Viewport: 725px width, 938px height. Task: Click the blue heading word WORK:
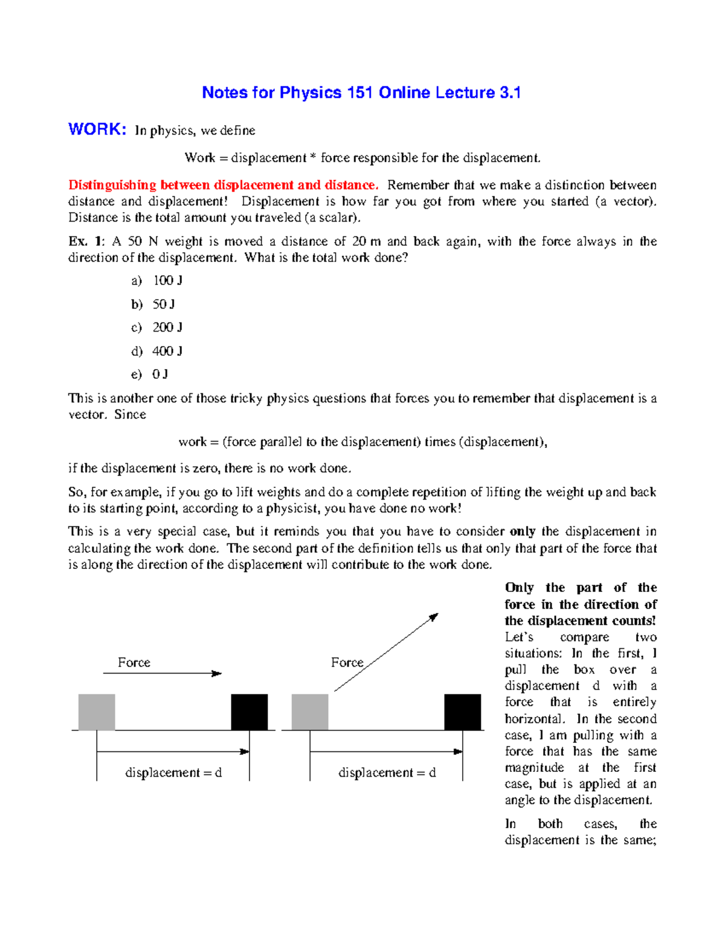coord(97,129)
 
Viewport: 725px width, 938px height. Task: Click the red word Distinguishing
coord(112,185)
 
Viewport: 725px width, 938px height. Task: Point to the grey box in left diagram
coord(97,712)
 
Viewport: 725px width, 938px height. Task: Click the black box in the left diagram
coord(250,712)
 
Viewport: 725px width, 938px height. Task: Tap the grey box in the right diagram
coord(310,712)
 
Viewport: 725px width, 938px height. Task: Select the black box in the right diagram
coord(463,712)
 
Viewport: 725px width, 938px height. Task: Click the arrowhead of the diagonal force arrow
coord(433,617)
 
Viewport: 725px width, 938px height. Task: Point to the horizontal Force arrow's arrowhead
coord(217,673)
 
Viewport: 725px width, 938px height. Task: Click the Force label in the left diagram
coord(134,663)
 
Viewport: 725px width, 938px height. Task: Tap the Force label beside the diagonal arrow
coord(347,663)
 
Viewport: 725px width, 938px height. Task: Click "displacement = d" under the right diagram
coord(387,773)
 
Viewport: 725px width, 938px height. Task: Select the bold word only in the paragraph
coord(523,532)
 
